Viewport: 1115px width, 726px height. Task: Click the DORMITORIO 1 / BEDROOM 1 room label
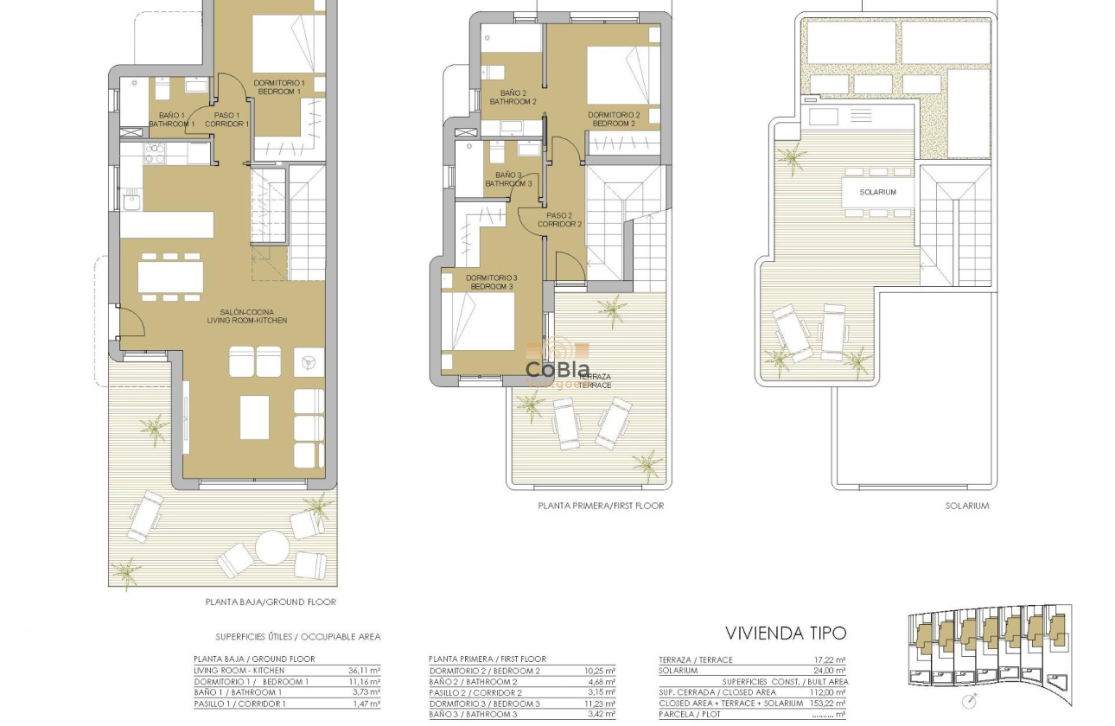(x=278, y=86)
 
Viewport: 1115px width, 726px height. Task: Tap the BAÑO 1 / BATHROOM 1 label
(x=171, y=119)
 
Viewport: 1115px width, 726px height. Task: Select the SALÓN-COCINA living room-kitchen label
(x=246, y=315)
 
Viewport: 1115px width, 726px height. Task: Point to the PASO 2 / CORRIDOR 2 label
(x=559, y=220)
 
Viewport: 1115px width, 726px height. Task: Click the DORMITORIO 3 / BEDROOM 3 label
(x=490, y=282)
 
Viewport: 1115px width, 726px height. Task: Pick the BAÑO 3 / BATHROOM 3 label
(x=507, y=179)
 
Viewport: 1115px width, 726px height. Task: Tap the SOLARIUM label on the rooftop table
(x=877, y=192)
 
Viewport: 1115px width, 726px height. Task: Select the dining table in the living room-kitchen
(x=170, y=277)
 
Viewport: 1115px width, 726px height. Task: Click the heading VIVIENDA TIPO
(x=785, y=633)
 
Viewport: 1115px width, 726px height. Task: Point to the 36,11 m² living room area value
(x=363, y=670)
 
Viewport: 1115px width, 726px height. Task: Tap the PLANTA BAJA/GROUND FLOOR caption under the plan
(x=270, y=602)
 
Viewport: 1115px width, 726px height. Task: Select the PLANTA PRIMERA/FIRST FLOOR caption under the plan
(x=601, y=506)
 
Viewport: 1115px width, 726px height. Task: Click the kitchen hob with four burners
(x=154, y=153)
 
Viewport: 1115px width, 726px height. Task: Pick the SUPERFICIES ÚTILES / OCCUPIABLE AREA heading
(x=297, y=637)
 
